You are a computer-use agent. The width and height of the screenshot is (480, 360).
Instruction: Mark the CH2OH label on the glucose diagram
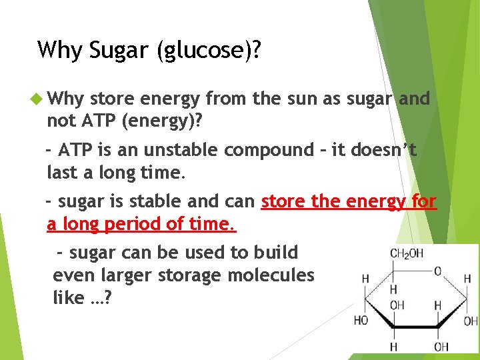pos(406,254)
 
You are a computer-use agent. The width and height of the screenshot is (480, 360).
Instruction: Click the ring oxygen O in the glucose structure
pos(437,271)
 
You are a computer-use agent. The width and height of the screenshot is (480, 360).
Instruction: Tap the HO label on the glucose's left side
pos(361,321)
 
